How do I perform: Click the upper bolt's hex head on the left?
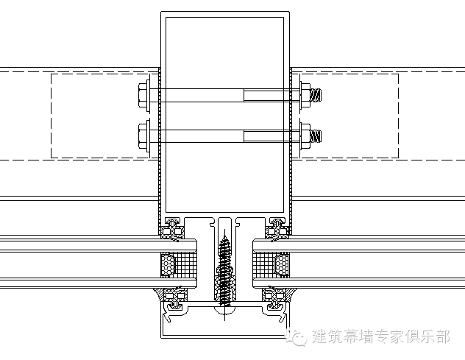click(x=143, y=94)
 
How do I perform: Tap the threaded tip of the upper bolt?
click(x=316, y=94)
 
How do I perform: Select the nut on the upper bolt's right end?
click(x=305, y=94)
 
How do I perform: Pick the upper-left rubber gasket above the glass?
click(x=174, y=228)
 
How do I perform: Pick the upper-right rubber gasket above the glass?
click(x=277, y=228)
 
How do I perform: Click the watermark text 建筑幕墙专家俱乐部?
click(x=380, y=338)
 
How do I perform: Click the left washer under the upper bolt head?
click(x=152, y=94)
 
